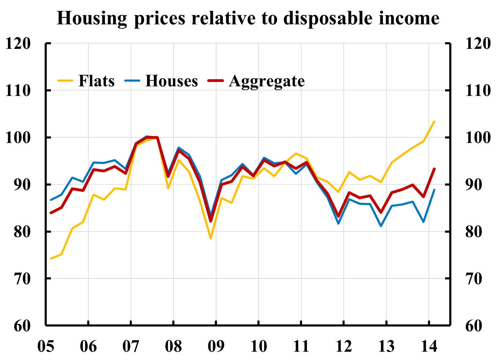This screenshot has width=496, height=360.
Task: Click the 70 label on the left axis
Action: tap(22, 278)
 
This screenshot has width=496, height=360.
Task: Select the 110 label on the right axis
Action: tap(478, 90)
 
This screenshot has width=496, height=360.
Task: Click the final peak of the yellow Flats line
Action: tap(434, 121)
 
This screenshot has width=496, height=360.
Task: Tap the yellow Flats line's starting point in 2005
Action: tap(51, 258)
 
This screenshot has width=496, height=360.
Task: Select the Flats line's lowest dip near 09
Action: tap(211, 238)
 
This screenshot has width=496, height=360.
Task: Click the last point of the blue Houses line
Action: tap(434, 190)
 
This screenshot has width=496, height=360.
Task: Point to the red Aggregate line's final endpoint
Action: tap(434, 169)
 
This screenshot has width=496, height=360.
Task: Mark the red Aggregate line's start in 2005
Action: tap(51, 212)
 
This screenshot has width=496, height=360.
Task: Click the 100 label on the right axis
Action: tap(478, 137)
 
